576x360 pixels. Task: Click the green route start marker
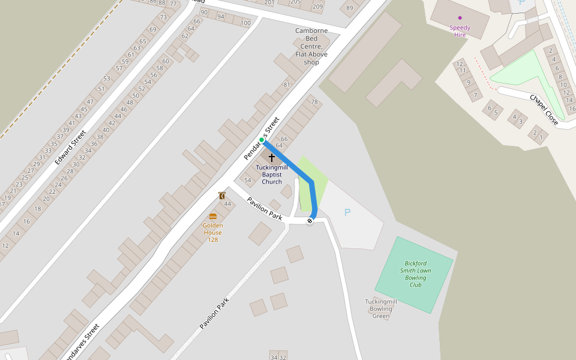(x=262, y=140)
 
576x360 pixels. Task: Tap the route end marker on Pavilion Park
(x=310, y=221)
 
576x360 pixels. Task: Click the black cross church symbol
(x=271, y=158)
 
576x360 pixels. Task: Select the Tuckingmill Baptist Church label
(x=272, y=175)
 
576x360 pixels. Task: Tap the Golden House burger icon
(x=213, y=216)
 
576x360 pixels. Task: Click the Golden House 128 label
(x=213, y=232)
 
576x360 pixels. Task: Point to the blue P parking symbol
(x=347, y=212)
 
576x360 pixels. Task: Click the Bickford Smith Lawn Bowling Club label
(x=416, y=274)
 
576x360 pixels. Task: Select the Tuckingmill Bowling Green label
(x=381, y=308)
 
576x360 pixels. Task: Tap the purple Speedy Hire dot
(x=460, y=18)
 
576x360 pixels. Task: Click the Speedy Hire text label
(x=460, y=31)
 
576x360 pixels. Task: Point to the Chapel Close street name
(x=544, y=110)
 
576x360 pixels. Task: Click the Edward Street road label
(x=70, y=148)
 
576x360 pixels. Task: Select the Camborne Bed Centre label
(x=311, y=46)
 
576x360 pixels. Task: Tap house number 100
(x=245, y=23)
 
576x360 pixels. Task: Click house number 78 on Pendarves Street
(x=314, y=102)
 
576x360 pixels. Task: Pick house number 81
(x=287, y=85)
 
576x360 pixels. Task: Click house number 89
(x=349, y=8)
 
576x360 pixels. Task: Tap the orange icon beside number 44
(x=222, y=195)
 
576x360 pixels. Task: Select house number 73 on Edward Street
(x=163, y=17)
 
